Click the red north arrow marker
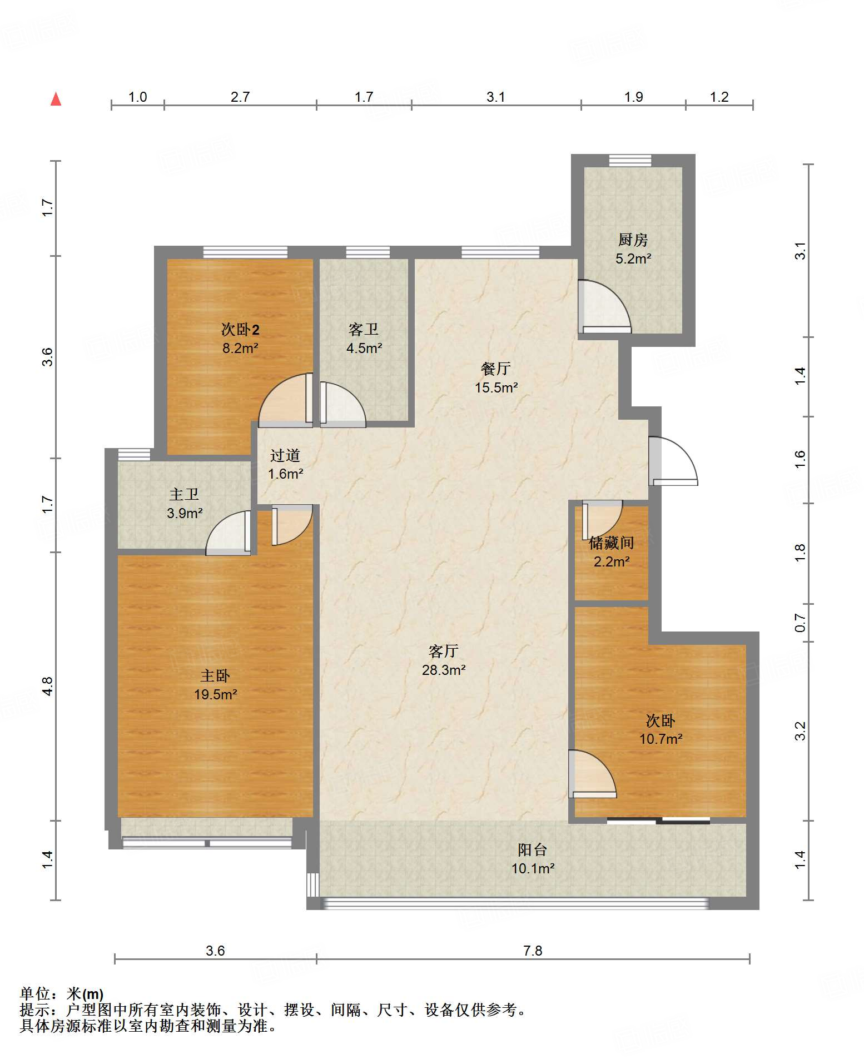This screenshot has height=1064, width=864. pyautogui.click(x=56, y=99)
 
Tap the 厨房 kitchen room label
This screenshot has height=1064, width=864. pyautogui.click(x=633, y=240)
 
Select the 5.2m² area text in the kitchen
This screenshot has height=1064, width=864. pyautogui.click(x=633, y=258)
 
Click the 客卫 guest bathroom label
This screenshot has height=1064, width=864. pyautogui.click(x=364, y=330)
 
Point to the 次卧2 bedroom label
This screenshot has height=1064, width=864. pyautogui.click(x=240, y=330)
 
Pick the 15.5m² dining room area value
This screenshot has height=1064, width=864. pyautogui.click(x=496, y=387)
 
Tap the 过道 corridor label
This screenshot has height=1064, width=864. pyautogui.click(x=285, y=455)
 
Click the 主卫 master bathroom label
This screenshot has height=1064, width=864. pyautogui.click(x=184, y=494)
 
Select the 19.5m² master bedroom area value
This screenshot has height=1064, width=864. pyautogui.click(x=216, y=694)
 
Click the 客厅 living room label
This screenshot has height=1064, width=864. pyautogui.click(x=444, y=651)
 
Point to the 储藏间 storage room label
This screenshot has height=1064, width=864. pyautogui.click(x=612, y=543)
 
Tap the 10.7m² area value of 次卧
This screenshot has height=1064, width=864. pyautogui.click(x=661, y=739)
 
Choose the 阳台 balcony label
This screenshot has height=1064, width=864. pyautogui.click(x=533, y=849)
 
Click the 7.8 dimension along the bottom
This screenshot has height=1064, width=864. pyautogui.click(x=533, y=951)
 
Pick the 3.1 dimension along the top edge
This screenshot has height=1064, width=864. pyautogui.click(x=496, y=97)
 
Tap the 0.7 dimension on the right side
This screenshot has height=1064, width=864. pyautogui.click(x=800, y=623)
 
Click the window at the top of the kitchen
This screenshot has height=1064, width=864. pyautogui.click(x=630, y=160)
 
